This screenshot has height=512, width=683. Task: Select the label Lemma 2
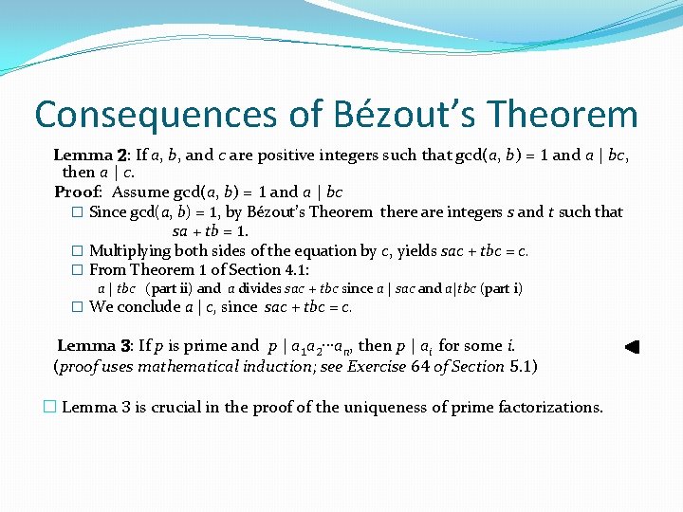coord(91,155)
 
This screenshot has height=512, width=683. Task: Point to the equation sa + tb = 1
coord(210,231)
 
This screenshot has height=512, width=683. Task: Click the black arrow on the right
coord(632,347)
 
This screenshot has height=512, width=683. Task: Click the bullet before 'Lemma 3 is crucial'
coord(50,407)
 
